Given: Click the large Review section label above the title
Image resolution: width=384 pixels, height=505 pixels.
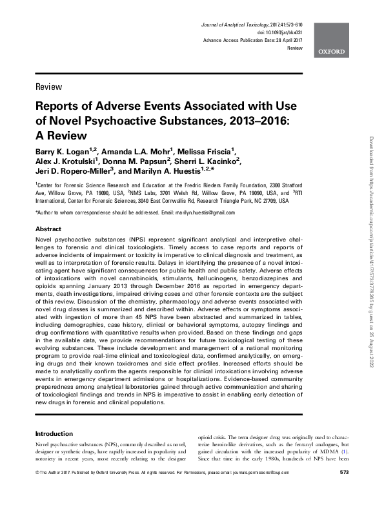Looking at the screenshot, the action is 49,87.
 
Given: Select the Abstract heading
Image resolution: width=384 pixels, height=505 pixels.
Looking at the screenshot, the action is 48,229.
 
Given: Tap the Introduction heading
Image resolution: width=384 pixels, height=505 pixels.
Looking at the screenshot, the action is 54,433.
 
